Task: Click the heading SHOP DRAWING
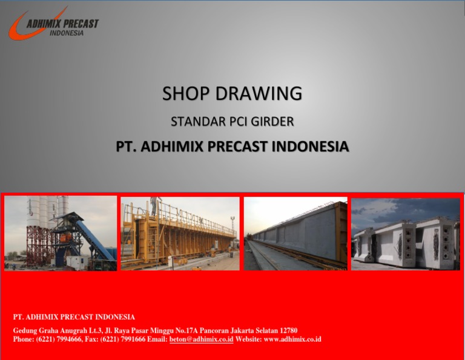[x=232, y=94]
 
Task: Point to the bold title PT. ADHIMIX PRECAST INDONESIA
[x=232, y=147]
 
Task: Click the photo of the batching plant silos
[x=61, y=233]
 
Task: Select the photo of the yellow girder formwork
[x=180, y=233]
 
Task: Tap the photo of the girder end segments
[x=405, y=233]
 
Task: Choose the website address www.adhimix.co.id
[x=292, y=339]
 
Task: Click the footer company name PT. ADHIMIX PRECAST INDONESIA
[x=74, y=317]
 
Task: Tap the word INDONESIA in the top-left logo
[x=66, y=33]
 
